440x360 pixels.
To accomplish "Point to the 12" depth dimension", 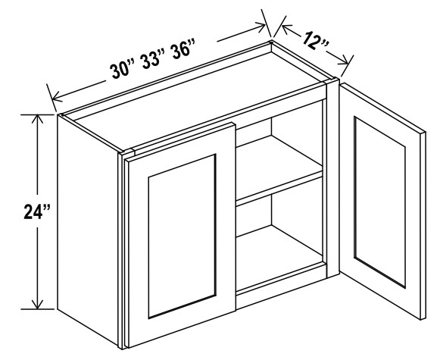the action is click(x=314, y=41).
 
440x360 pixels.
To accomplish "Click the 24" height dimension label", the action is click(x=37, y=211).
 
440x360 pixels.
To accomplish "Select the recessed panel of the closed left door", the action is click(x=182, y=236).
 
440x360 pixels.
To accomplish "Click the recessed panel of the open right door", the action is click(x=379, y=202).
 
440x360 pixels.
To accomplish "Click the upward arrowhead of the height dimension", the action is click(x=37, y=119).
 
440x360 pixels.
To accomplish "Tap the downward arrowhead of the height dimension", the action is click(x=37, y=305).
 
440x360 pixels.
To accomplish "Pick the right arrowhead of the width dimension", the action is click(x=261, y=27).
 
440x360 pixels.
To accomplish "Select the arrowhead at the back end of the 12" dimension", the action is click(x=287, y=29).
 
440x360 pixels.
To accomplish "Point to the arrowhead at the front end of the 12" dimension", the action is click(x=344, y=61).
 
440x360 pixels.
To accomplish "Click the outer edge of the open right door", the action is click(x=423, y=226).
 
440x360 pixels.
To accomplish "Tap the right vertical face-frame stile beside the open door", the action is click(x=333, y=179).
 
